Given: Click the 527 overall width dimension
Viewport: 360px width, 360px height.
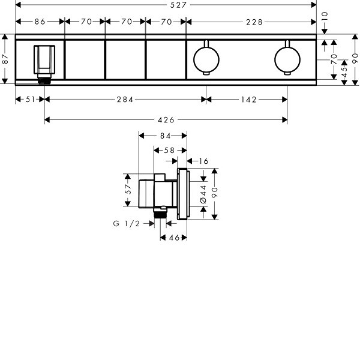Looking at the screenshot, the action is pos(178,5).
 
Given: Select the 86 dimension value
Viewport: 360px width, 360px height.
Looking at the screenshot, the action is pos(40,22).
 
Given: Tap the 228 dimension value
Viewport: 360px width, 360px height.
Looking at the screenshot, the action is pos(254,22).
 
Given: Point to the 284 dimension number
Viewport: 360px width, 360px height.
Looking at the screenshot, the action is pos(125,100).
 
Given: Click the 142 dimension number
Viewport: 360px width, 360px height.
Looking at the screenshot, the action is pos(248,100).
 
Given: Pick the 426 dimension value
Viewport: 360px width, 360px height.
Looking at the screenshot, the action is pos(166,120).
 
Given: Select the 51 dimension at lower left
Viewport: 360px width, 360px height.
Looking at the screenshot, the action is pos(30,100).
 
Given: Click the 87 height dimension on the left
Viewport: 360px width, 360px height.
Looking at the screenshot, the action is pos(5,59).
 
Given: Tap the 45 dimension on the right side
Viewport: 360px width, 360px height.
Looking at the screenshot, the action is pos(344,72).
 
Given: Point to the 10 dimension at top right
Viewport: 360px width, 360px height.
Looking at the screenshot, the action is pos(324,17).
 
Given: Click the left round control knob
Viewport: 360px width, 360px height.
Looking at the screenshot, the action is pos(206,59).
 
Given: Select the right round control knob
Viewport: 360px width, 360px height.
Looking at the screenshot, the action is pos(287,59).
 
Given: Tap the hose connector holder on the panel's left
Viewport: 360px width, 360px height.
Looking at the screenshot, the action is pos(44,64).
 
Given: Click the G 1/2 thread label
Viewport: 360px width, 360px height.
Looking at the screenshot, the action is pos(127,223).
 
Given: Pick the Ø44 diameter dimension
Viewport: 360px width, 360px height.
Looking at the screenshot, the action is pos(203,194).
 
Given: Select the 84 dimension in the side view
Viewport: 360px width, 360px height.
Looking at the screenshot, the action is pos(166,136).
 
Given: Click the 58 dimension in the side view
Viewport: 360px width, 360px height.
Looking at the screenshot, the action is pos(169,151).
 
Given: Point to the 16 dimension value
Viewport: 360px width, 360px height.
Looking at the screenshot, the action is pos(203,161).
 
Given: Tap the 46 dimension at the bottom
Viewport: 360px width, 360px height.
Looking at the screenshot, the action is pos(174,238).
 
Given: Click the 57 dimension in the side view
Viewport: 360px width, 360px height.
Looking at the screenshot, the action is pos(128,189).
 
